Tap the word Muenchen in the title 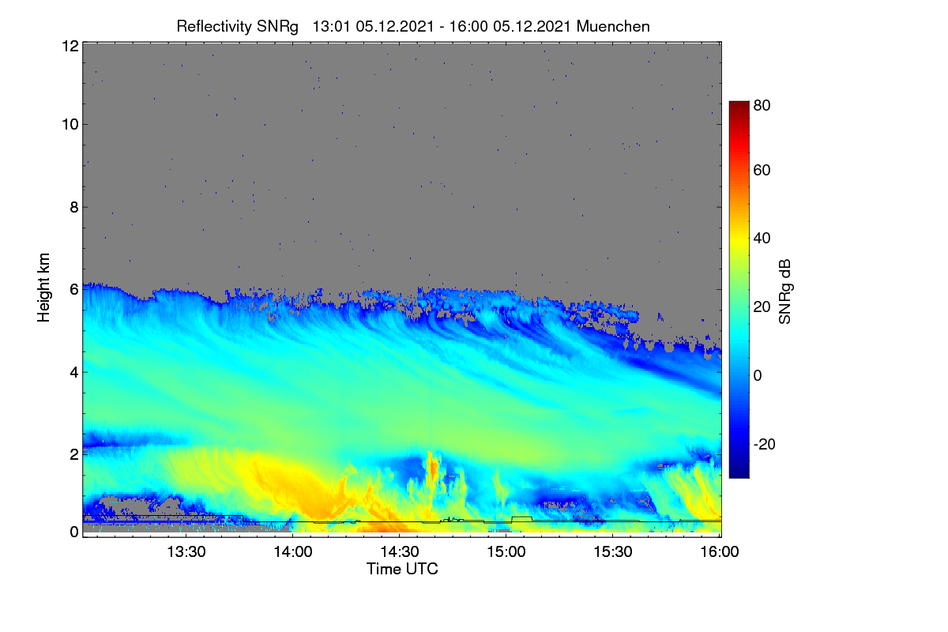click(x=613, y=27)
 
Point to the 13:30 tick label click(x=186, y=552)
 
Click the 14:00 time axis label click(x=293, y=552)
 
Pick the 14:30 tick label click(x=400, y=552)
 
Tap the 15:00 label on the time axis click(x=506, y=552)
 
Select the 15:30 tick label click(x=613, y=552)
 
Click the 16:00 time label click(x=720, y=552)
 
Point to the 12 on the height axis click(x=70, y=46)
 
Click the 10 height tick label click(x=70, y=125)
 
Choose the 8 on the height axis click(x=74, y=208)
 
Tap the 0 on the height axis click(x=74, y=532)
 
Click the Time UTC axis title click(x=402, y=570)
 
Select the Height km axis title click(x=43, y=288)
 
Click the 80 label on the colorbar click(x=762, y=105)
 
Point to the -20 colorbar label click(x=764, y=445)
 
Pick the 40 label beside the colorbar click(x=762, y=239)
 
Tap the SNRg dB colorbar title click(x=785, y=292)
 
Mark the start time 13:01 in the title click(x=331, y=27)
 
